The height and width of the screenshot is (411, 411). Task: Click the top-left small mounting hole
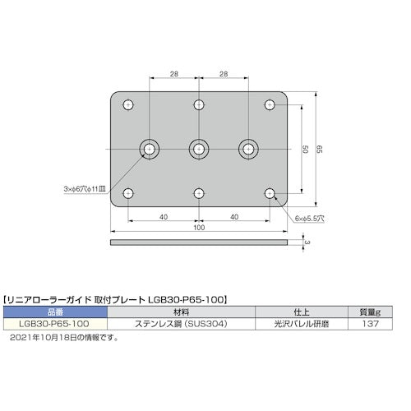pyautogui.click(x=127, y=105)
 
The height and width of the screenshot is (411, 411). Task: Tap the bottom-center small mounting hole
pyautogui.click(x=198, y=193)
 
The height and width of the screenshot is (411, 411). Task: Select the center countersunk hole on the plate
pyautogui.click(x=198, y=149)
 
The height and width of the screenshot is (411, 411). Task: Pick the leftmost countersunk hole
pyautogui.click(x=150, y=149)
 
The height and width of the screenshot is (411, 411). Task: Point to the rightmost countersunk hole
pyautogui.click(x=247, y=149)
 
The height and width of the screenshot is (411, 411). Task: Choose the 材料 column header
pyautogui.click(x=180, y=312)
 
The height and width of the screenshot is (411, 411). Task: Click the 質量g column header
pyautogui.click(x=367, y=312)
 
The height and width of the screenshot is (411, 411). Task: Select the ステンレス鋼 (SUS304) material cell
pyautogui.click(x=180, y=324)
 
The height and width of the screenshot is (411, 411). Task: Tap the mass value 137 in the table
pyautogui.click(x=367, y=324)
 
